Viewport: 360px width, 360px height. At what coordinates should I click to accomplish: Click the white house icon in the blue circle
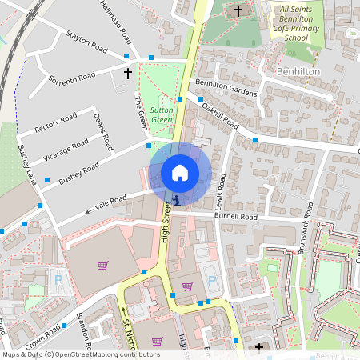pos(180,172)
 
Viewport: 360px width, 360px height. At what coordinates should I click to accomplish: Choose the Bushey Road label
pos(78,170)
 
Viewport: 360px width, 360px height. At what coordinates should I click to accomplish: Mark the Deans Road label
pos(102,130)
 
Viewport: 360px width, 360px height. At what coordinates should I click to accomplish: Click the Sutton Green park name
pos(162,114)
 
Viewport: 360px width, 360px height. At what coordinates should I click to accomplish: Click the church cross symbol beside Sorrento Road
pos(127,74)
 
